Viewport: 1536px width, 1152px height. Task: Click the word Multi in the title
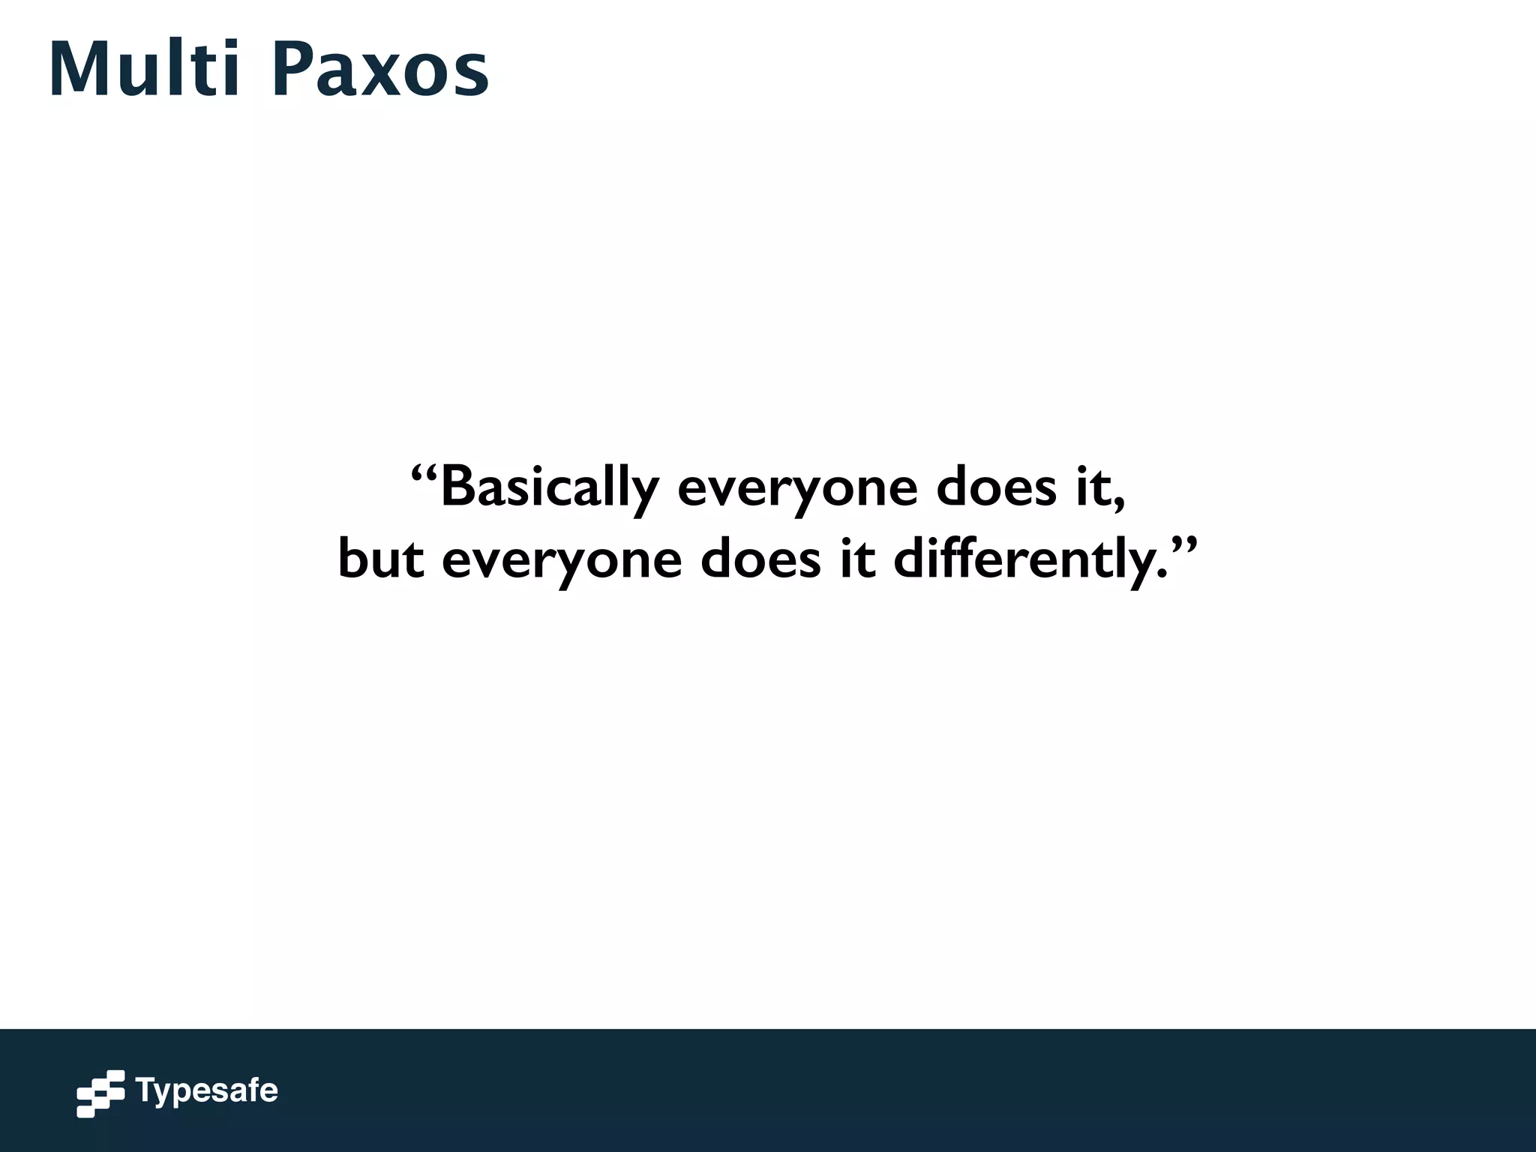(x=144, y=69)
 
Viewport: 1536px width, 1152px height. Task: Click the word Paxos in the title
(x=380, y=69)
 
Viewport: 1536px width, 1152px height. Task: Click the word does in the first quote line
(x=997, y=487)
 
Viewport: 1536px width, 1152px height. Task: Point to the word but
(x=381, y=559)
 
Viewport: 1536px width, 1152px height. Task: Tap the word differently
(x=1030, y=561)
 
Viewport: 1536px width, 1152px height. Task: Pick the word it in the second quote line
(x=857, y=559)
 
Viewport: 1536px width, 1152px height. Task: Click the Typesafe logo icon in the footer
(x=100, y=1093)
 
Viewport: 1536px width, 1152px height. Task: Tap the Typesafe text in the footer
(x=206, y=1090)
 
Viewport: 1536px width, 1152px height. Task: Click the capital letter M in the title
(x=80, y=69)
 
